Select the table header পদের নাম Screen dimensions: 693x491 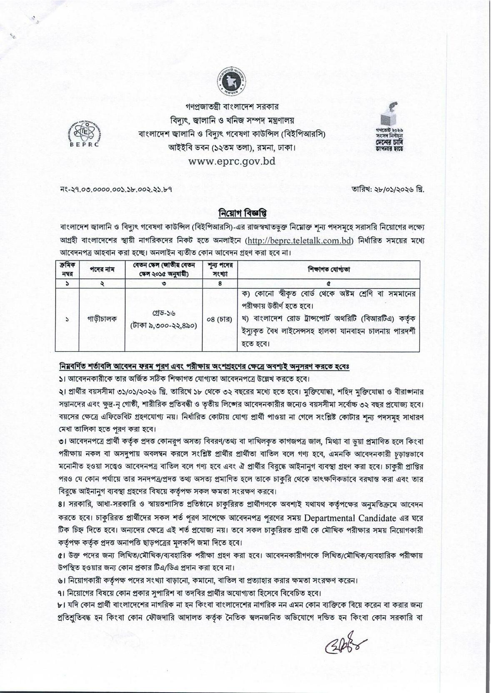pos(103,270)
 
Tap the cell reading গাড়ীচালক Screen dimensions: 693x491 pos(103,319)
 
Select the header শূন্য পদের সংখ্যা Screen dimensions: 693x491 pos(219,270)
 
